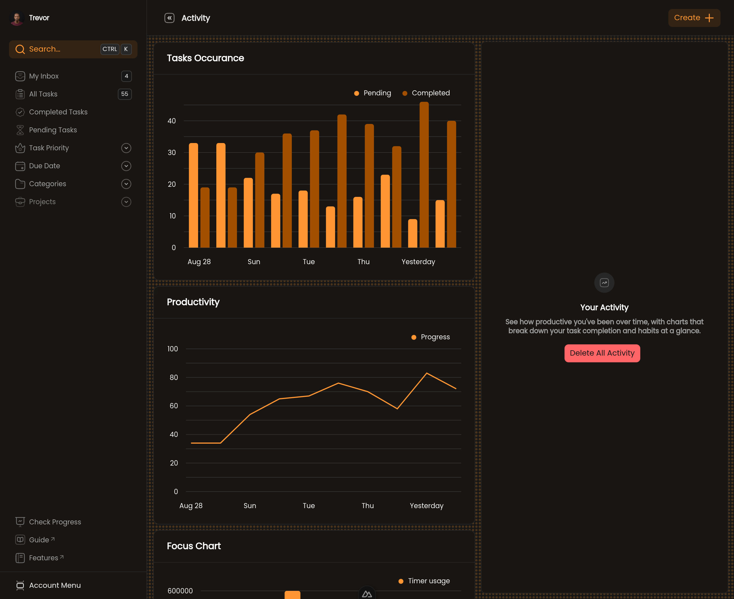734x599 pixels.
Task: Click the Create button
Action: point(694,18)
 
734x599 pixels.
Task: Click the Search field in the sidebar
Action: point(73,49)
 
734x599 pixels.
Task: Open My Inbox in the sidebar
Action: point(44,76)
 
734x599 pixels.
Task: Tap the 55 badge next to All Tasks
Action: point(125,94)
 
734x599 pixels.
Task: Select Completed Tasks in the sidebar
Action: point(58,112)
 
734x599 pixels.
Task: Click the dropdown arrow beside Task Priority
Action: point(126,148)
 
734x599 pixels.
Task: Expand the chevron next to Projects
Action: point(126,202)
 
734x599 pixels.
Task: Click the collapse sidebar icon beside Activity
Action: point(169,18)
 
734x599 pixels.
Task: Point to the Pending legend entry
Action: point(373,93)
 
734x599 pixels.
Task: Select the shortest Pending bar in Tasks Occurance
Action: point(412,233)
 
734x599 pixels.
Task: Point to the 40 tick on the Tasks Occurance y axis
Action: point(172,121)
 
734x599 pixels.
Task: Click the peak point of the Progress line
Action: point(427,373)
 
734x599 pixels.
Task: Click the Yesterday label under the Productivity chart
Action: point(427,506)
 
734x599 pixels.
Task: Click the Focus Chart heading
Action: point(194,546)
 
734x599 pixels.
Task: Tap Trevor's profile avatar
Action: point(17,18)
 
